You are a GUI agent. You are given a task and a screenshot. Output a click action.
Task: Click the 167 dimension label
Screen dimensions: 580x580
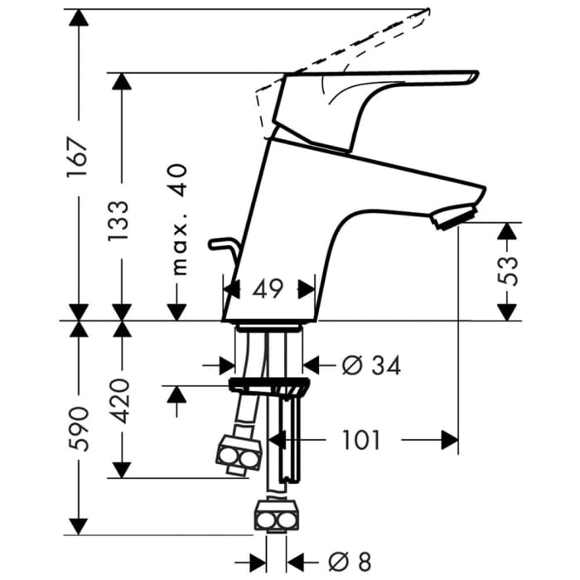pyautogui.click(x=77, y=157)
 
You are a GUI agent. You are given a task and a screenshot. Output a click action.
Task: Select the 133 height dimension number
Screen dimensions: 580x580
pyautogui.click(x=118, y=221)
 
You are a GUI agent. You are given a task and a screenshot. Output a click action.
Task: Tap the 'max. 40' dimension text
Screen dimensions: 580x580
pyautogui.click(x=180, y=220)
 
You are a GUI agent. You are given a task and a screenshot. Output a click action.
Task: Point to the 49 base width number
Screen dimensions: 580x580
pyautogui.click(x=268, y=289)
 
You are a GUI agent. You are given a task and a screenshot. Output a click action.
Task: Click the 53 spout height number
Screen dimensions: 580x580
pyautogui.click(x=508, y=265)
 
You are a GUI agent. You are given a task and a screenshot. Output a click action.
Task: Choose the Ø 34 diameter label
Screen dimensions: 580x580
pyautogui.click(x=371, y=366)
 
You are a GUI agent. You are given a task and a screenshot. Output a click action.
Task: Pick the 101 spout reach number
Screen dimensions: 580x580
pyautogui.click(x=361, y=440)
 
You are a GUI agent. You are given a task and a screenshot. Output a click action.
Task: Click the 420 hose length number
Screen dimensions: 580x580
pyautogui.click(x=121, y=400)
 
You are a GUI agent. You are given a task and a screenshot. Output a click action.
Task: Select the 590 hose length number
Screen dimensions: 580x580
pyautogui.click(x=79, y=429)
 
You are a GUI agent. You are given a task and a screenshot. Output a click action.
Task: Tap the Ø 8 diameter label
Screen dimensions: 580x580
pyautogui.click(x=350, y=562)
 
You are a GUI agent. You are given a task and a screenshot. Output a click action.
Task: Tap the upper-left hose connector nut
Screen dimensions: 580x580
pyautogui.click(x=239, y=454)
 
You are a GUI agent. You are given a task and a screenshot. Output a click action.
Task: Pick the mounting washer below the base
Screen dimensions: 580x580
pyautogui.click(x=269, y=387)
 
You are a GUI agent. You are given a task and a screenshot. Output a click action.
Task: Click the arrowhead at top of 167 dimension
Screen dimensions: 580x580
pyautogui.click(x=79, y=17)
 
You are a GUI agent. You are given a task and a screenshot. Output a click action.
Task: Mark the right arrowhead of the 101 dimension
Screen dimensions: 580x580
pyautogui.click(x=450, y=440)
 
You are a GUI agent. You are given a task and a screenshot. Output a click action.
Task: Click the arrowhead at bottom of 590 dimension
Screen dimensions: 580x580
pyautogui.click(x=79, y=526)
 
